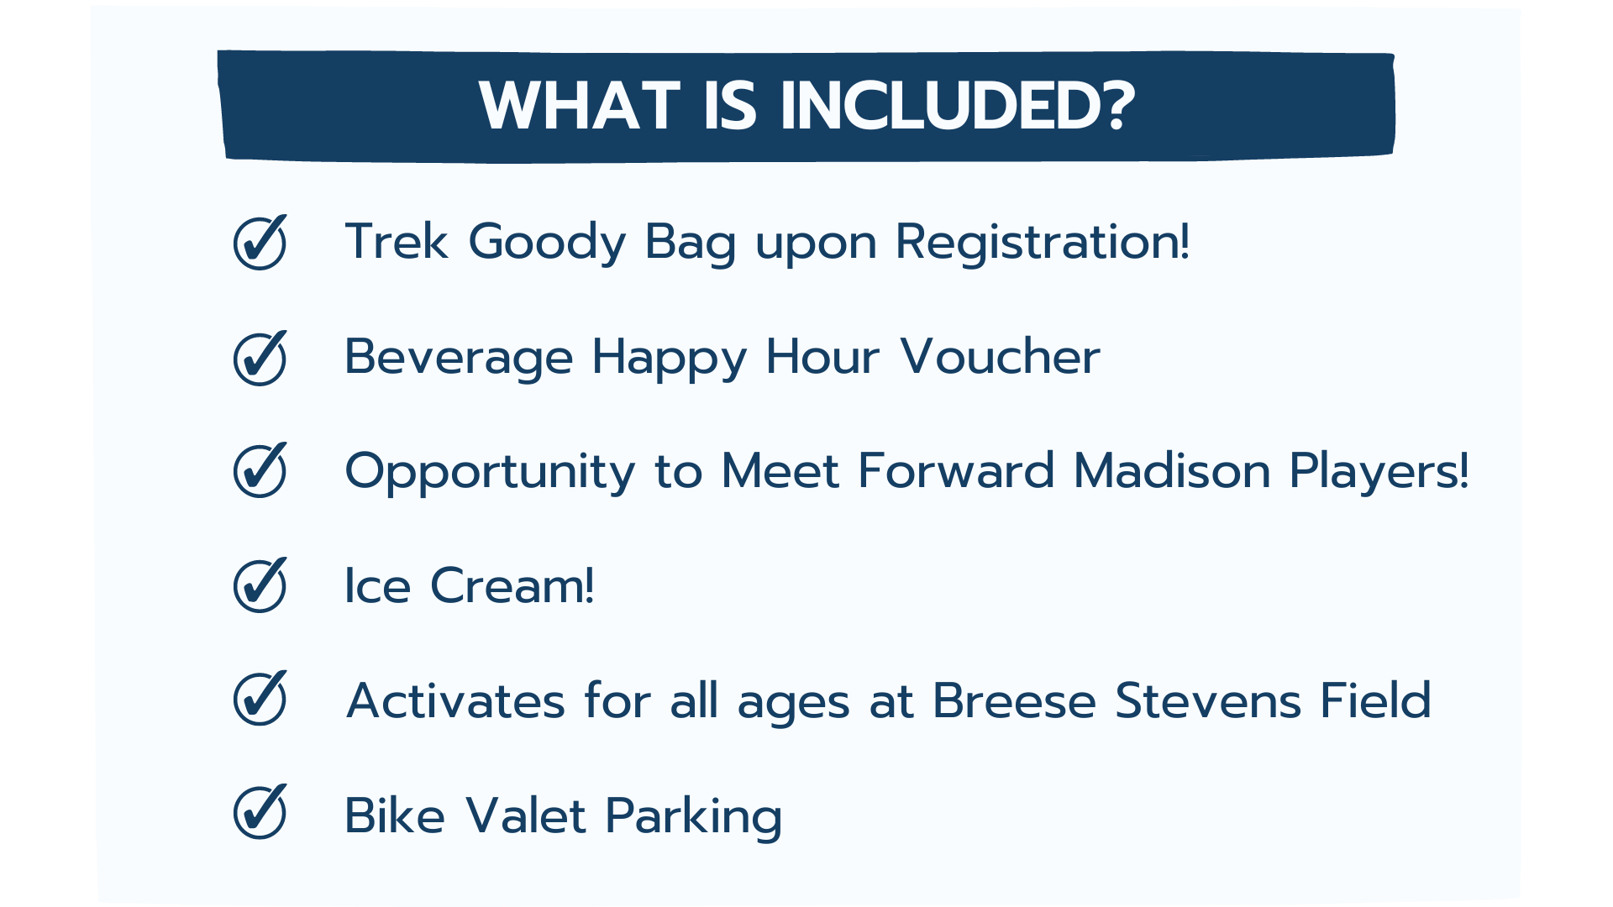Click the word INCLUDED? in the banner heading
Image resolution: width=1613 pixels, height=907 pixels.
coord(958,107)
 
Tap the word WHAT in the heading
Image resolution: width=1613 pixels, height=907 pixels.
coord(580,107)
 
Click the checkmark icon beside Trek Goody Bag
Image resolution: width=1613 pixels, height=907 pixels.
coord(260,242)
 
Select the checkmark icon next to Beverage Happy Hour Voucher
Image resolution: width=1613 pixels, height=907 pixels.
coord(260,358)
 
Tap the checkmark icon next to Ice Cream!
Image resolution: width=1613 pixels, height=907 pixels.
coord(260,585)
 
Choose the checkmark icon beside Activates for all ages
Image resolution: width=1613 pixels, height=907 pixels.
coord(260,698)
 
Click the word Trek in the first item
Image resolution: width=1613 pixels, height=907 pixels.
coord(397,242)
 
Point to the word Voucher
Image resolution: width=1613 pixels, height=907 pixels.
coord(1000,357)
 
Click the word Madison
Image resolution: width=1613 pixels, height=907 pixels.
coord(1172,470)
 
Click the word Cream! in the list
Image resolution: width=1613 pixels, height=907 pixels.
coord(512,585)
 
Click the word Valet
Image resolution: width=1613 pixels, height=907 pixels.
coord(525,815)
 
